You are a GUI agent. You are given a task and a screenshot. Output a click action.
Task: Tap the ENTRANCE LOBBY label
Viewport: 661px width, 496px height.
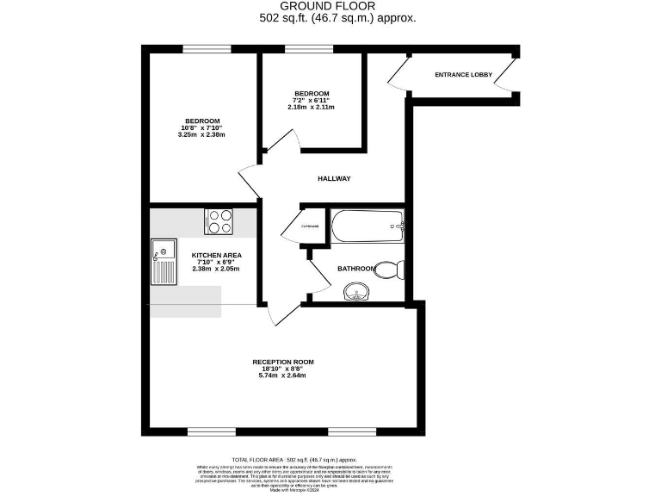click(x=463, y=75)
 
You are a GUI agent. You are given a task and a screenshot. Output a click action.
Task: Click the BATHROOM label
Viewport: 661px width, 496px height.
click(x=355, y=269)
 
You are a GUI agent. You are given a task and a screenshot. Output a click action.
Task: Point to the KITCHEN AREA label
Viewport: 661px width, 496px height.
click(x=216, y=256)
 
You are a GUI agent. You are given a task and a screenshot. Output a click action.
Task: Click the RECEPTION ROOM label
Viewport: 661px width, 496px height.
click(x=282, y=362)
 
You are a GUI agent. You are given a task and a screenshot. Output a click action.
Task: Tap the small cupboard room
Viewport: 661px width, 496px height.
click(x=311, y=226)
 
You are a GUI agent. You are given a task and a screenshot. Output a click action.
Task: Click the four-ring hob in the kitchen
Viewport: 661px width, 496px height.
click(x=219, y=221)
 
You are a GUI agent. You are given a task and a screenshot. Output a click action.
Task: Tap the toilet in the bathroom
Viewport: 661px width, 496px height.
click(x=391, y=270)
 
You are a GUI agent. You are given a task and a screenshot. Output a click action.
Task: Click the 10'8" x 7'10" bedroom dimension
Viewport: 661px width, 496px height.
click(x=202, y=127)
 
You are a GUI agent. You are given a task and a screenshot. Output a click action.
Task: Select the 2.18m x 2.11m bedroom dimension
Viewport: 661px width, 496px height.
click(x=311, y=108)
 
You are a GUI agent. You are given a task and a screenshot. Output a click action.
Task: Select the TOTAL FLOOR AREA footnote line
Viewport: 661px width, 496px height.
click(x=293, y=461)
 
